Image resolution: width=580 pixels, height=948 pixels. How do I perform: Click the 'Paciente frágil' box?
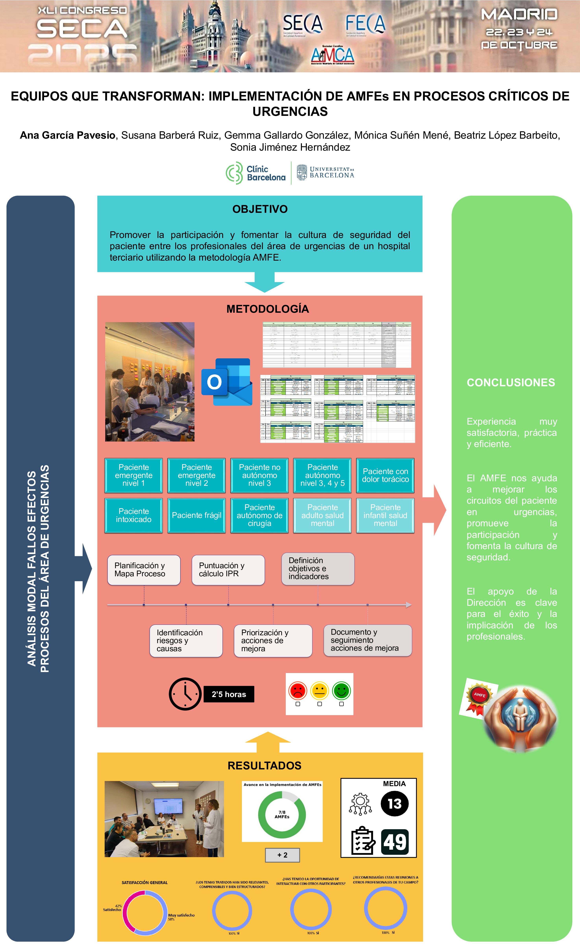(196, 515)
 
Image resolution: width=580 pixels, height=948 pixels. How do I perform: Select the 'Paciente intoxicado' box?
(134, 515)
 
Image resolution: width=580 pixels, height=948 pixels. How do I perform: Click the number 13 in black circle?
(394, 804)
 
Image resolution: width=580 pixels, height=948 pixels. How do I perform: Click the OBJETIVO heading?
(260, 209)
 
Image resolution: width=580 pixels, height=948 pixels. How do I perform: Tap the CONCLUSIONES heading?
(511, 382)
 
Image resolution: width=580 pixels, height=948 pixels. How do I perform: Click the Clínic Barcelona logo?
(256, 173)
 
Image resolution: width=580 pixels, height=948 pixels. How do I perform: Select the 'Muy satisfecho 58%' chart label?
(181, 917)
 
